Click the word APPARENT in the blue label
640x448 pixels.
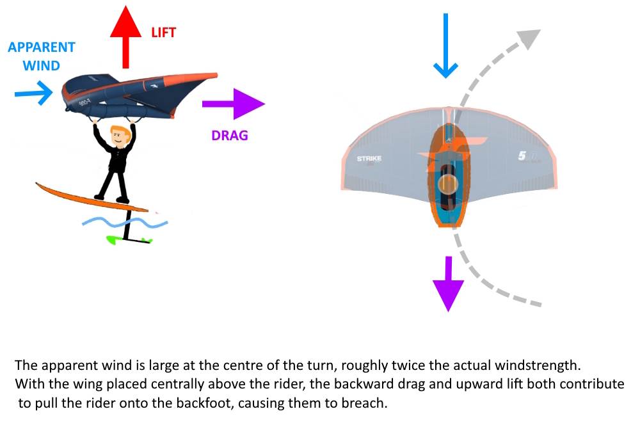pos(42,47)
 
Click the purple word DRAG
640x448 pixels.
pos(228,135)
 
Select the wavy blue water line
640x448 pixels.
pos(125,223)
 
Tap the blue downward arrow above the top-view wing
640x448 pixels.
pos(445,45)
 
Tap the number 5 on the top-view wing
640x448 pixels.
pos(522,156)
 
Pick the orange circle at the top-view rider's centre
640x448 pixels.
pos(447,185)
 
